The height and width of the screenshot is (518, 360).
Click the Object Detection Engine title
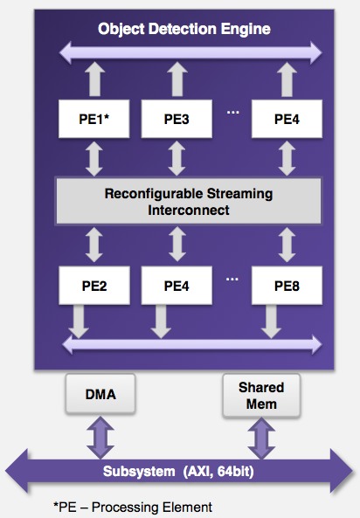coord(184,29)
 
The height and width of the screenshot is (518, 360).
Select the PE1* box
coord(93,119)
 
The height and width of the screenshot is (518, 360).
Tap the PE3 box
coord(177,119)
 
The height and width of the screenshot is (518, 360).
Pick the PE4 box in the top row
coord(287,119)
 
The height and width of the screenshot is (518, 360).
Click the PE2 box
coord(94,286)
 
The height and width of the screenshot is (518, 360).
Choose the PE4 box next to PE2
coord(177,286)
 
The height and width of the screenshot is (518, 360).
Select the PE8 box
coord(287,286)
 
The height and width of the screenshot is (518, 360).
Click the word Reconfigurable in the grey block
coord(152,194)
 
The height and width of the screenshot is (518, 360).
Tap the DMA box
coord(100,394)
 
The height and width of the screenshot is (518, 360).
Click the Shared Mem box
coord(261,395)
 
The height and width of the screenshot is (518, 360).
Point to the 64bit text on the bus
coord(236,471)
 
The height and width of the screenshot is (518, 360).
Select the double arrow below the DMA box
coord(100,438)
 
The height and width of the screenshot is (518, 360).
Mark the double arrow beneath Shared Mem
coord(261,439)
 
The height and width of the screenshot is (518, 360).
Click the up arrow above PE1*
coord(94,79)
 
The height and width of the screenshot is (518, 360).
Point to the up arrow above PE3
coord(177,79)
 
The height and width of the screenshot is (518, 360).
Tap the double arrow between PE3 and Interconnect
coord(177,158)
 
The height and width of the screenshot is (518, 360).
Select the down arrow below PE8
coord(271,321)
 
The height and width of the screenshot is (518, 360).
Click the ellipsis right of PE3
coord(232,113)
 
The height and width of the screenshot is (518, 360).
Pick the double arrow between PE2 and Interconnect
coord(94,245)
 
